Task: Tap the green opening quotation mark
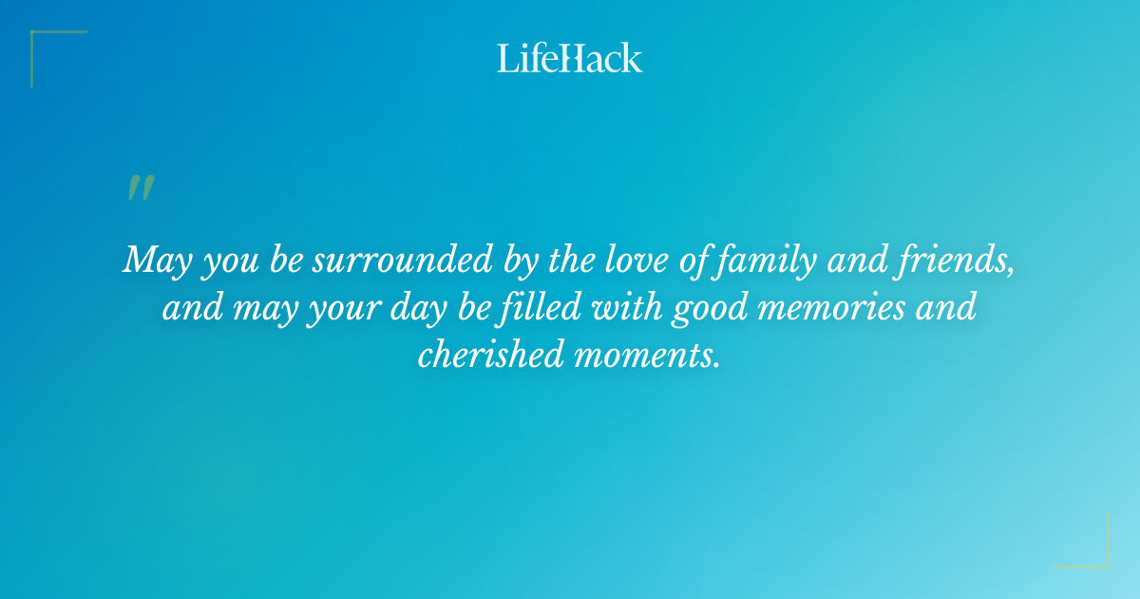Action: click(140, 188)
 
